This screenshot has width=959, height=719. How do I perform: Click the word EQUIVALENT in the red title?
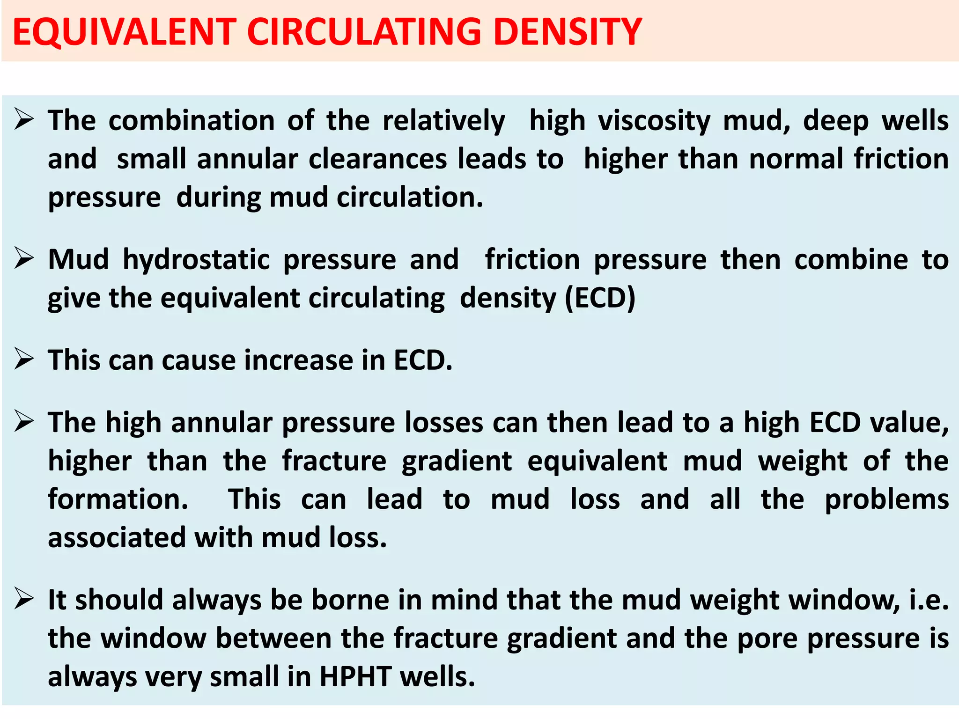point(124,32)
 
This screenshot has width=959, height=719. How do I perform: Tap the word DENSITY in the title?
point(568,32)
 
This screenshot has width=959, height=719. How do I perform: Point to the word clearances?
point(377,159)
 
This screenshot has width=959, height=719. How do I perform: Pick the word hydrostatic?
point(196,260)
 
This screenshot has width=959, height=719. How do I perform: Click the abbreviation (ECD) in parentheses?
point(600,298)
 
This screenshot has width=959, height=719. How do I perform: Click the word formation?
point(118,499)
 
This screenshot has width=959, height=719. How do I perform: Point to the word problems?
point(886,499)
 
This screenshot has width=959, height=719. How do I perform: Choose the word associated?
point(117,537)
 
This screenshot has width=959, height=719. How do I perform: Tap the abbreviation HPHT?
point(355,676)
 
